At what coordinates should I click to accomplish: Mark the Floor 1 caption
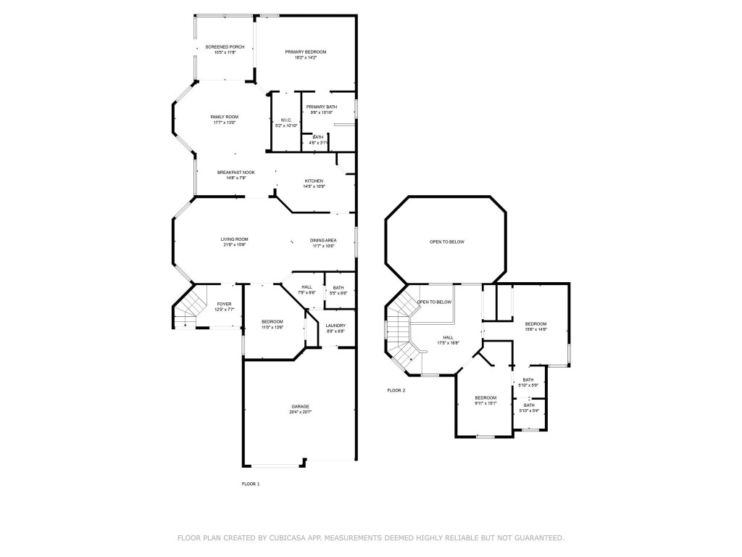[250, 483]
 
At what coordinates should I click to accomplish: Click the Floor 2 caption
[396, 390]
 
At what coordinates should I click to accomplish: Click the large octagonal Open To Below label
[446, 242]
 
